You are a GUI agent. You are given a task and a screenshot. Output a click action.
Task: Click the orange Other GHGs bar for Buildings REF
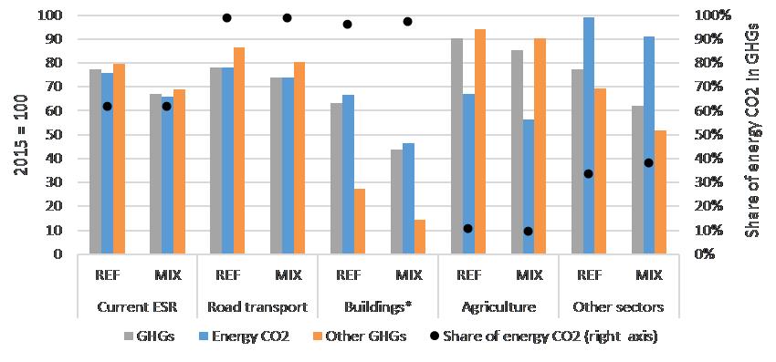click(x=360, y=221)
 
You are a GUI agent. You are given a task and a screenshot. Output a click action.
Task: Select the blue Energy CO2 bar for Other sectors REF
click(x=589, y=136)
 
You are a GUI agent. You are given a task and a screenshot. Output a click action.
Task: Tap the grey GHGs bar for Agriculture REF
click(x=456, y=146)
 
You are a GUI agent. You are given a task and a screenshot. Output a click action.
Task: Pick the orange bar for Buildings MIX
click(x=420, y=236)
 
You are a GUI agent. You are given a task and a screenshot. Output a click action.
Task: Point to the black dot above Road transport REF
click(x=226, y=18)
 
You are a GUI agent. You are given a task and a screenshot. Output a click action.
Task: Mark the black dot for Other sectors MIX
click(x=648, y=162)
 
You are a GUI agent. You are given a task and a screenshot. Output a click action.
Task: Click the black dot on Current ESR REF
click(x=107, y=106)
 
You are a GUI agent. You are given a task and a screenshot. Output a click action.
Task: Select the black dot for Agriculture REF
click(x=467, y=229)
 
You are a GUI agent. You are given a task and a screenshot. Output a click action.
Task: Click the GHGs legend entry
click(x=149, y=336)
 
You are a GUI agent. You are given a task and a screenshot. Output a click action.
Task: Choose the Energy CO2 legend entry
click(x=242, y=336)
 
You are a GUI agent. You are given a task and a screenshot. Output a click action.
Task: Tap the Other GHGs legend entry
click(x=359, y=336)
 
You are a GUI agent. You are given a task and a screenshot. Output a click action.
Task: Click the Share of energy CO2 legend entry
click(x=543, y=336)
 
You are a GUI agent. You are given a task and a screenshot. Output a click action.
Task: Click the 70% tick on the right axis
click(x=703, y=87)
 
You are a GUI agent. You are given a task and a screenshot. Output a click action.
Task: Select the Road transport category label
click(x=257, y=307)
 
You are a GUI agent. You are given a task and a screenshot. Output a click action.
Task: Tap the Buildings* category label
click(x=378, y=307)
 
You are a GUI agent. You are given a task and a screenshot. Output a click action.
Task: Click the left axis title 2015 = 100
click(x=20, y=134)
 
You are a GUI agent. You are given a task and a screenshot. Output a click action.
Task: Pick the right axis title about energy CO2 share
click(x=754, y=129)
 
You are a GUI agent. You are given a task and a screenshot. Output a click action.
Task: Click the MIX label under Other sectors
click(x=648, y=275)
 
